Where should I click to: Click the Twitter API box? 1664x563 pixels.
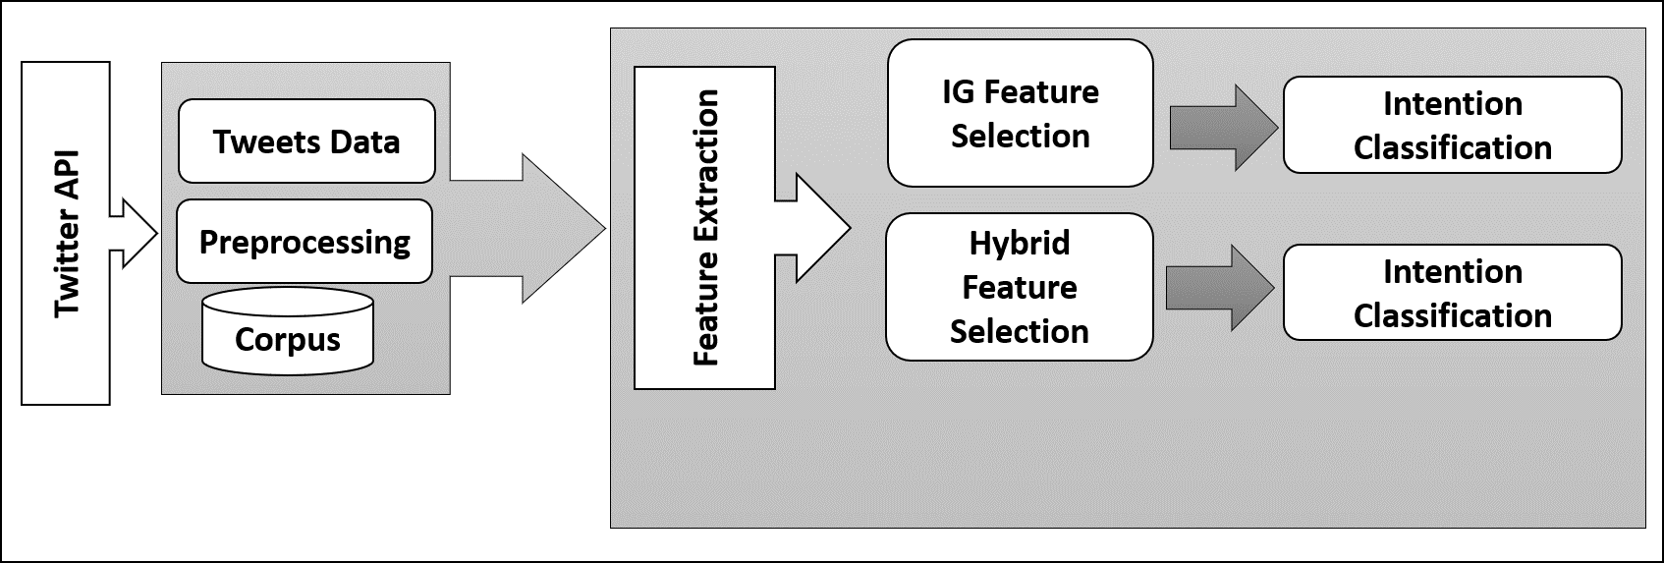tap(65, 233)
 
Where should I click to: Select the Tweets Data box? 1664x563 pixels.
tap(306, 141)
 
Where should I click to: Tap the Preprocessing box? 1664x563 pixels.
tap(305, 242)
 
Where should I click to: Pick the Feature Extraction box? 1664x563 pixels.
tap(704, 228)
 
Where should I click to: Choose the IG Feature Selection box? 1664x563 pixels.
tap(1020, 113)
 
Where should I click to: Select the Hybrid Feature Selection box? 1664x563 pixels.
tap(1019, 287)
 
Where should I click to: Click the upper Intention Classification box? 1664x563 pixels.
tap(1452, 125)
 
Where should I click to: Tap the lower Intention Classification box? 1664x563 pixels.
tap(1452, 293)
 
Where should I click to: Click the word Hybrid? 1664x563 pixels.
tap(1019, 244)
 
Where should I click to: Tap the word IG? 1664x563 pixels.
tap(958, 92)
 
